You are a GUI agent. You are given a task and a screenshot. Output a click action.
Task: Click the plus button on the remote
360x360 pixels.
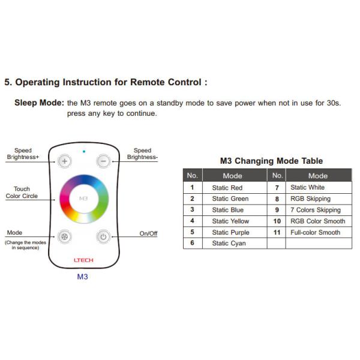coord(64,161)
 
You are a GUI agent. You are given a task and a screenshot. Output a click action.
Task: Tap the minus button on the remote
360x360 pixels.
coord(103,161)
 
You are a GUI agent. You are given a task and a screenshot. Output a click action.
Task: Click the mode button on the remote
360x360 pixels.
coord(64,236)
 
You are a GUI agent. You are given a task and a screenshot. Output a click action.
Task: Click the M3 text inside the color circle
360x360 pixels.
coord(83,198)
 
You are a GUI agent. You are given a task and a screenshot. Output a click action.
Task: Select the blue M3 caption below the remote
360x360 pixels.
coord(82,277)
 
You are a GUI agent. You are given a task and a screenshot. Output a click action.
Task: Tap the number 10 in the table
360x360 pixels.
coord(277,221)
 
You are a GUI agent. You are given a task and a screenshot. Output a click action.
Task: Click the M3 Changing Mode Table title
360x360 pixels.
coord(271,161)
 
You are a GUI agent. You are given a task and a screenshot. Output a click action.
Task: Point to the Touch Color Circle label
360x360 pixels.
coord(22,193)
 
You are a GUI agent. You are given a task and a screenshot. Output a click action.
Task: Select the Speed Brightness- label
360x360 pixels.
coord(142,154)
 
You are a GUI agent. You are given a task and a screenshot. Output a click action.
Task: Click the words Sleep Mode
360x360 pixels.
coord(39,103)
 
